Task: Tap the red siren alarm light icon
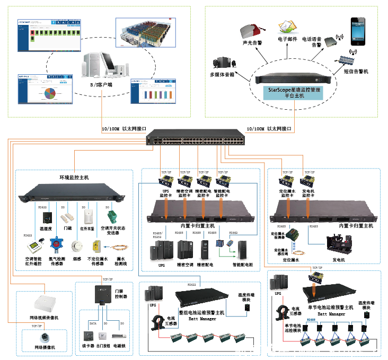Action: [x=251, y=30]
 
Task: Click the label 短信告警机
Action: [x=356, y=71]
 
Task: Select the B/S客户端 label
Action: [x=101, y=84]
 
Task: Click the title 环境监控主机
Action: [x=74, y=176]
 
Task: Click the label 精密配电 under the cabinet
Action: [x=205, y=264]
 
